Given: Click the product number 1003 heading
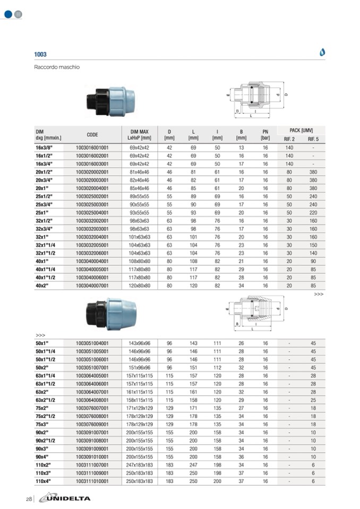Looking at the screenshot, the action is coord(40,54).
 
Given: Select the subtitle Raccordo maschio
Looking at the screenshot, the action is coord(57,67).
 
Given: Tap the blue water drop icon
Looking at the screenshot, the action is coord(322,52).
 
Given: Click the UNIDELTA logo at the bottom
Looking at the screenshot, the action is coord(65,498).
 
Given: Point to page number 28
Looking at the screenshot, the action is coord(29,499).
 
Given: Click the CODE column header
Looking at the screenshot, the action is coord(92,135).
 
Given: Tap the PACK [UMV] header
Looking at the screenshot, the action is coord(301,130).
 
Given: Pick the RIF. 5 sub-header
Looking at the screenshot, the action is coord(313,139).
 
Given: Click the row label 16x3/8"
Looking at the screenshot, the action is coord(44,148).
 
